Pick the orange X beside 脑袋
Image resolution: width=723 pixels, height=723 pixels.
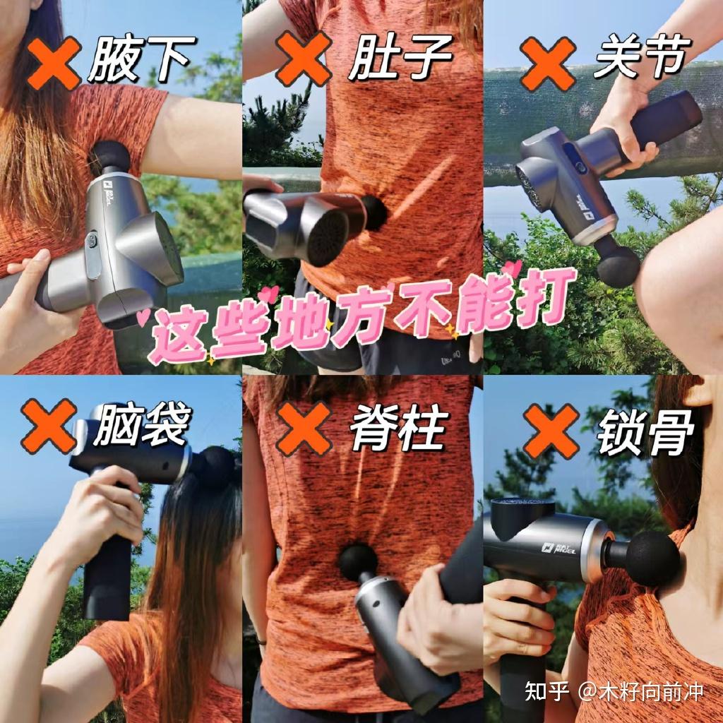[x=49, y=426]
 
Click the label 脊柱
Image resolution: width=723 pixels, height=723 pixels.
[x=400, y=429]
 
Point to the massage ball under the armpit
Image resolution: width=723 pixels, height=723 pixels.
[x=111, y=157]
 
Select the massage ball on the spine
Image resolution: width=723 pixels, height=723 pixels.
[x=358, y=561]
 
